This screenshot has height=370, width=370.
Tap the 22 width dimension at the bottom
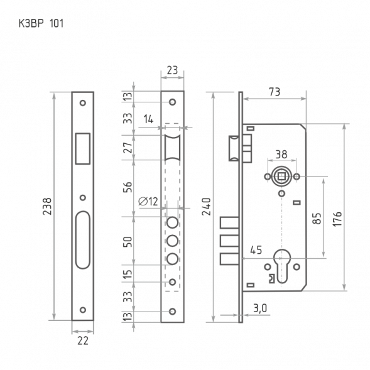pyautogui.click(x=82, y=340)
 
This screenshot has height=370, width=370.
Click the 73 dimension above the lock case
pyautogui.click(x=274, y=92)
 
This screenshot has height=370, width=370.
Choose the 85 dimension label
pyautogui.click(x=317, y=218)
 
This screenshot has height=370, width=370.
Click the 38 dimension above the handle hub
pyautogui.click(x=281, y=153)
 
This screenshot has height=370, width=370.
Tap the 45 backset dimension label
pyautogui.click(x=256, y=248)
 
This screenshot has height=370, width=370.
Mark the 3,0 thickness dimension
pyautogui.click(x=260, y=308)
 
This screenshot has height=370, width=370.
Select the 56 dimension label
pyautogui.click(x=127, y=187)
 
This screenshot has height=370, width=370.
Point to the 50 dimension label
pyautogui.click(x=127, y=242)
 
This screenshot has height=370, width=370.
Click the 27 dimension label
pyautogui.click(x=127, y=147)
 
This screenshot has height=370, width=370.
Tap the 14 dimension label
pyautogui.click(x=148, y=117)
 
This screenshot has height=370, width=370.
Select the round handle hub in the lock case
pyautogui.click(x=281, y=177)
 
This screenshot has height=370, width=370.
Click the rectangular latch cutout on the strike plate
pyautogui.click(x=82, y=146)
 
